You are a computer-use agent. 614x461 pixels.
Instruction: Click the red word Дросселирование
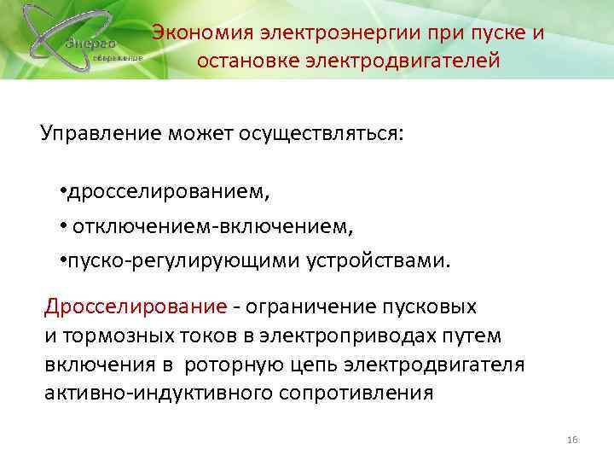[135, 306]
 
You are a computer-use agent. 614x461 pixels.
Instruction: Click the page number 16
[572, 439]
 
